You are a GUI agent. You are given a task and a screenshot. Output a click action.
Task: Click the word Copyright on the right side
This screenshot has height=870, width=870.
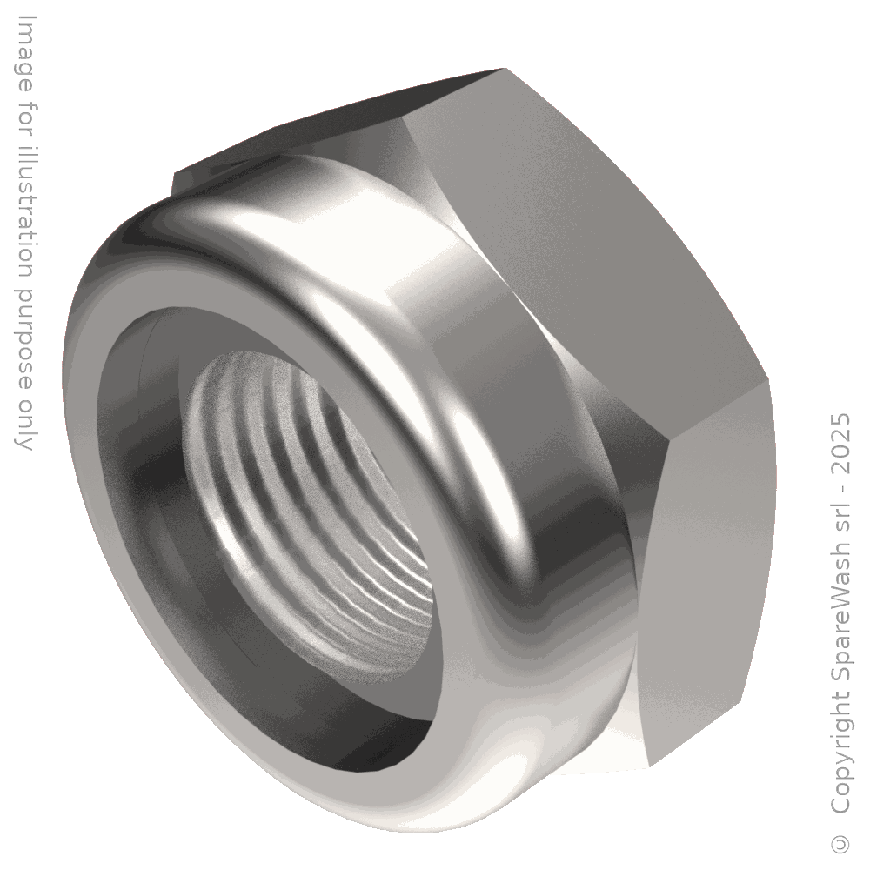coord(840,748)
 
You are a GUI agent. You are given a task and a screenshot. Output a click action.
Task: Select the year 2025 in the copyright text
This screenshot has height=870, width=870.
coord(840,439)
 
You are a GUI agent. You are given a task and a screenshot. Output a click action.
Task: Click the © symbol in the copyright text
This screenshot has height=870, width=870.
coord(840,843)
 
